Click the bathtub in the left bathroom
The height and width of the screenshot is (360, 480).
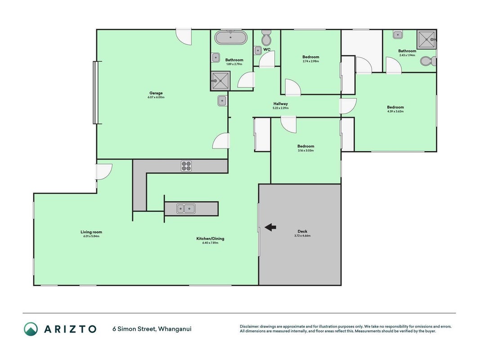pos(231,38)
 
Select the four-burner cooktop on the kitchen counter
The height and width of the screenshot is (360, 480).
pos(186,166)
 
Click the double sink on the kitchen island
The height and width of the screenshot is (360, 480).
pos(186,209)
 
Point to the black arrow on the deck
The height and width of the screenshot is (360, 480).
pos(270,227)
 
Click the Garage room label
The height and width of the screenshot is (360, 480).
pos(156,93)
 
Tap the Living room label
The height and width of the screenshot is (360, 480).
pos(91,232)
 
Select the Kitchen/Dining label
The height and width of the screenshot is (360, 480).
pos(210,238)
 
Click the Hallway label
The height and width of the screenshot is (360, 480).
pos(281,104)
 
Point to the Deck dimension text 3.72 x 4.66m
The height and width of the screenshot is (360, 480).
pos(302,236)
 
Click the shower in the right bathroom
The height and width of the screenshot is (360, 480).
pos(426,40)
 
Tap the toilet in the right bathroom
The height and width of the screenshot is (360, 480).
pos(428,61)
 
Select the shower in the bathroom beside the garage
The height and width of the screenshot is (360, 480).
pos(220,81)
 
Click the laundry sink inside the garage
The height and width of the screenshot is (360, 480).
pos(222,101)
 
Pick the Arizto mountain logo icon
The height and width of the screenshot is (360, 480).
pos(31,329)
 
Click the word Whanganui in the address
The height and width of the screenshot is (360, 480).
pos(175,329)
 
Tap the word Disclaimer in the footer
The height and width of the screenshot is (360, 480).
pos(249,327)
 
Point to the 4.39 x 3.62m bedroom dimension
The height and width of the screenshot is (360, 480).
pos(395,112)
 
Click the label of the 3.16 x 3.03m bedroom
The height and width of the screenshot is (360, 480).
pos(305,146)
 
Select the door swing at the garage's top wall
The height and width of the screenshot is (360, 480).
pos(184,37)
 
